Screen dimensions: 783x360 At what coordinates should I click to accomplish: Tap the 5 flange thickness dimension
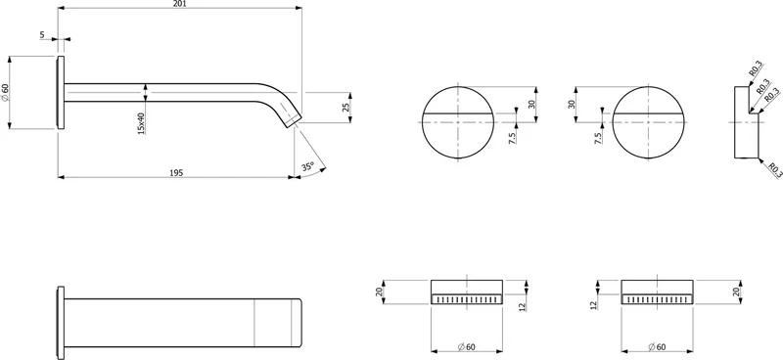click(42, 34)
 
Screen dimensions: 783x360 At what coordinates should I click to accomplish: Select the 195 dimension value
click(176, 173)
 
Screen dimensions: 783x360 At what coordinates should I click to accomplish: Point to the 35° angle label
click(308, 166)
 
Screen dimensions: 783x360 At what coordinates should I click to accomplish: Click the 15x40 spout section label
click(141, 123)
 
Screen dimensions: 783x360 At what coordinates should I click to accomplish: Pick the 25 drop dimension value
click(346, 108)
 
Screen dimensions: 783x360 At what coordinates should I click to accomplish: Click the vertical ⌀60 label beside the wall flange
click(5, 92)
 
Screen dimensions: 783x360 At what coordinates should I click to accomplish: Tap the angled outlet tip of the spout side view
click(294, 121)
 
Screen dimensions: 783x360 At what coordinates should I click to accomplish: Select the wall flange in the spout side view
click(61, 92)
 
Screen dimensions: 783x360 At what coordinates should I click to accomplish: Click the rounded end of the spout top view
click(299, 323)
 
